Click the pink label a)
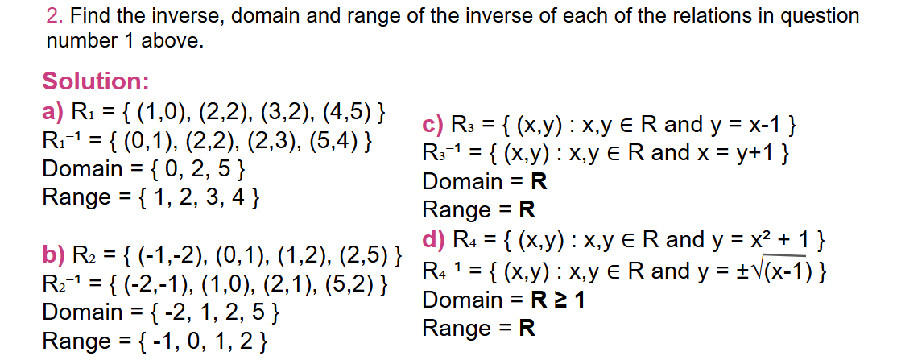coord(54,110)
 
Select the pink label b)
coord(54,258)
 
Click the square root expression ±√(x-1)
coord(774,271)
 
